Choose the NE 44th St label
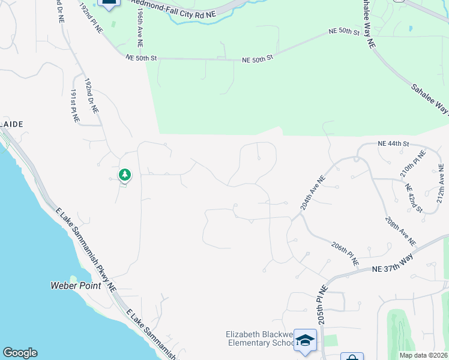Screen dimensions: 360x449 393,144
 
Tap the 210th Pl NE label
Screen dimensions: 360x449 412,165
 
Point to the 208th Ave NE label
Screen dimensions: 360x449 400,231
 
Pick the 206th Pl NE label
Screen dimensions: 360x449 345,254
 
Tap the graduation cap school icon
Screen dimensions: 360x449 305,340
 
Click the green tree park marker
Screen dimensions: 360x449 125,175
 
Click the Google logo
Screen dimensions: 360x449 20,353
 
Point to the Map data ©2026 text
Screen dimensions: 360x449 423,355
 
